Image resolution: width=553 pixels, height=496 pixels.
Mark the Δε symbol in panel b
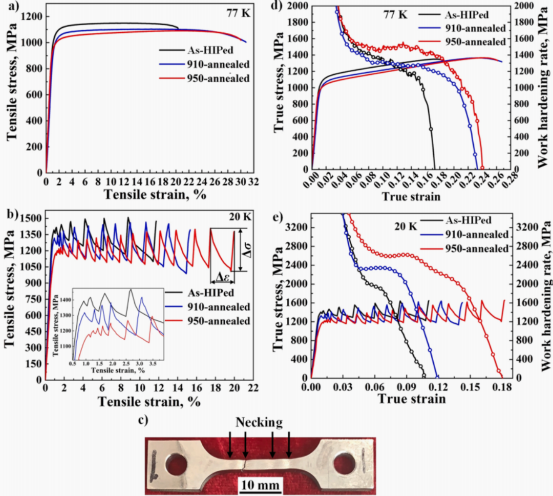[x=222, y=277]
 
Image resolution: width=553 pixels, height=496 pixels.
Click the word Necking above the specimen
[x=259, y=422]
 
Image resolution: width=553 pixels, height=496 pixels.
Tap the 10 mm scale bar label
[x=261, y=484]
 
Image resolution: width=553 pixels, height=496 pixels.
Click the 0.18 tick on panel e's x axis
[x=504, y=386]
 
